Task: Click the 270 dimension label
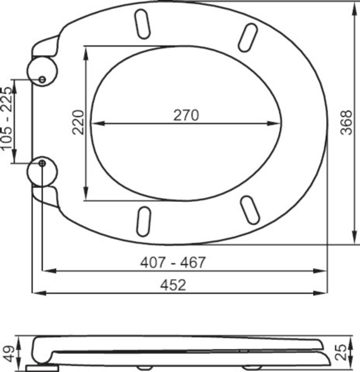(186, 115)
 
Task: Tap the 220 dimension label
(78, 122)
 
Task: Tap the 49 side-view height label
(8, 354)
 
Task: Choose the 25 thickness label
(349, 354)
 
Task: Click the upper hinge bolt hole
(42, 79)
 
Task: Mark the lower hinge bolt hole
(42, 163)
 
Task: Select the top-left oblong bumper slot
(142, 22)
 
